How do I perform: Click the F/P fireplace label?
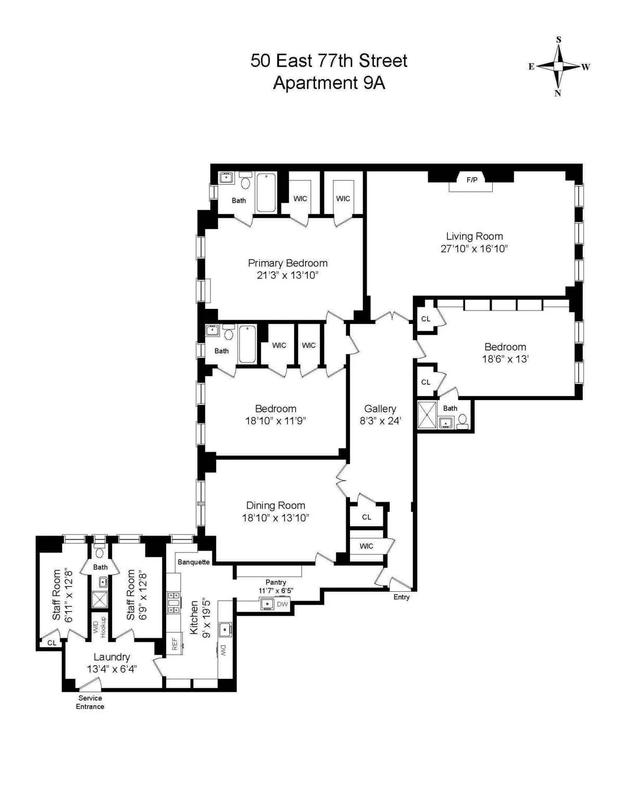point(471,180)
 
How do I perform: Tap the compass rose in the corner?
point(558,67)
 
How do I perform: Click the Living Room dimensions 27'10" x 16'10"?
point(474,249)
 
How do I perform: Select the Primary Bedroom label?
point(287,263)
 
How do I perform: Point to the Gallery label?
point(380,409)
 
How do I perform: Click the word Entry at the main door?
point(402,597)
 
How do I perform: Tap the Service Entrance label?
point(90,702)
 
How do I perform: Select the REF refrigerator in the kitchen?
point(174,644)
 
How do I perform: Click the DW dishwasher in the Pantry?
point(282,604)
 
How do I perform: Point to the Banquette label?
point(194,562)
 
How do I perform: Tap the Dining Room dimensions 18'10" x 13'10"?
point(276,518)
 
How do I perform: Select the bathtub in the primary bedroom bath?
point(266,193)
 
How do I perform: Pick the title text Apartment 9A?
point(329,83)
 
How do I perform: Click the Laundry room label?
point(111,657)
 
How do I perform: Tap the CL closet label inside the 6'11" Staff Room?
point(52,643)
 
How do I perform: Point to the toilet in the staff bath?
point(99,551)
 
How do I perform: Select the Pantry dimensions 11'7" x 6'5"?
point(276,591)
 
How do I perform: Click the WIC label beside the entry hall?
point(366,546)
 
